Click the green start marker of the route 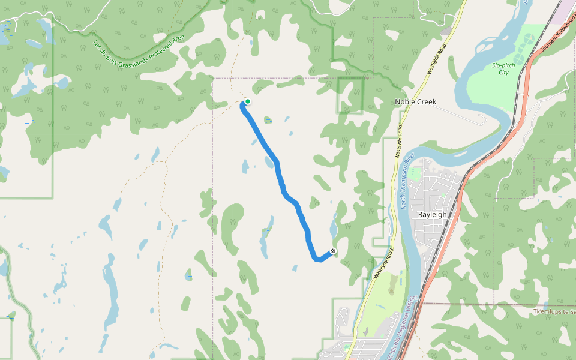point(247,101)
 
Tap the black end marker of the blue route point(333,251)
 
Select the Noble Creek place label point(415,102)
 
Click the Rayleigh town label point(432,214)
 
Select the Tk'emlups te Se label point(554,312)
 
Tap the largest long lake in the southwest point(110,294)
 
